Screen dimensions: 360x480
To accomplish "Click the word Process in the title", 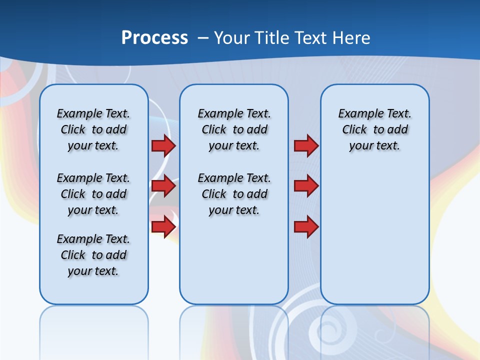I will click(154, 38).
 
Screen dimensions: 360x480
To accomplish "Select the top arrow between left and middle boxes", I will click(163, 145).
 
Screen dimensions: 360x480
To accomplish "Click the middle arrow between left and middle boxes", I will click(163, 186).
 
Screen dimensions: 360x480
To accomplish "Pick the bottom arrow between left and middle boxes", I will click(163, 227).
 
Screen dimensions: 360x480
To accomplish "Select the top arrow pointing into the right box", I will click(306, 145).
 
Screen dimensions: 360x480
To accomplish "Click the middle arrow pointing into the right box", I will click(306, 186).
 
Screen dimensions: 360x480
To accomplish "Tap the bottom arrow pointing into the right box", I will click(306, 227).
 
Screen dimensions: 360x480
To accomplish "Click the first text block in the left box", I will click(93, 129).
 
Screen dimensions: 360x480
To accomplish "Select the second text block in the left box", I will click(93, 194).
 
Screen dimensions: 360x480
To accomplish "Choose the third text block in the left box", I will click(93, 255).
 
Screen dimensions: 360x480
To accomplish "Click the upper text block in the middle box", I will click(234, 129).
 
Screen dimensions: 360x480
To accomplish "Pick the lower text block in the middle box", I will click(234, 194).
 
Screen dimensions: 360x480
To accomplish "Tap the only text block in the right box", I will click(374, 129).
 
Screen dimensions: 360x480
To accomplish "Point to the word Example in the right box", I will click(357, 113).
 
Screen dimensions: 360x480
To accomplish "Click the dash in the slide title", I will click(203, 38).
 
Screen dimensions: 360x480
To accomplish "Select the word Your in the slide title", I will click(232, 38).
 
